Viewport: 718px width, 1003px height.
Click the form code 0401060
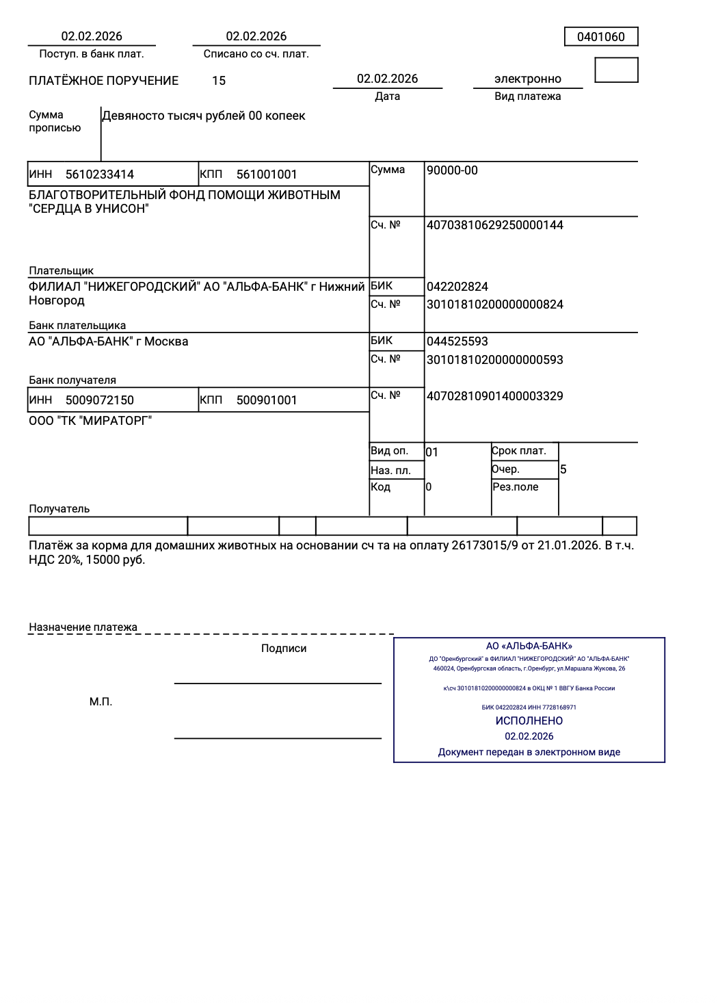click(x=600, y=37)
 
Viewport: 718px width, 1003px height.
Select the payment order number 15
click(x=219, y=81)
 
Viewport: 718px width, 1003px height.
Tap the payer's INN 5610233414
click(x=100, y=174)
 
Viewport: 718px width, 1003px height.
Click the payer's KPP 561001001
click(x=267, y=174)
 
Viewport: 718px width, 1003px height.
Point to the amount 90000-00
click(x=452, y=170)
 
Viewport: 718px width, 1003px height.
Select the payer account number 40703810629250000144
click(x=494, y=225)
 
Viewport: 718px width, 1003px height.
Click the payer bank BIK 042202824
click(x=457, y=287)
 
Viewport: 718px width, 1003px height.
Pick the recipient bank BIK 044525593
click(x=457, y=341)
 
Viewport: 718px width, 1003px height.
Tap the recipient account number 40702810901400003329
click(x=494, y=396)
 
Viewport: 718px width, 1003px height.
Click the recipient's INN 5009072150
click(x=100, y=400)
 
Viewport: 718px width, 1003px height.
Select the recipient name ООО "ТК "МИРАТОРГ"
click(x=90, y=421)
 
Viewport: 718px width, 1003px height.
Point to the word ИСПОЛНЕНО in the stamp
click(x=529, y=721)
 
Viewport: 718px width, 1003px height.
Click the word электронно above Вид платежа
click(x=527, y=79)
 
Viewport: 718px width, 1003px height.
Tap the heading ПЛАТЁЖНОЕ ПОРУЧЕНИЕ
click(x=103, y=81)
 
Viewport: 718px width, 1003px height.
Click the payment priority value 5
click(x=563, y=469)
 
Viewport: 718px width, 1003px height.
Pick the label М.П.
click(x=101, y=702)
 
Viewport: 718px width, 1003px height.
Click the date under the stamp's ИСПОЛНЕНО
click(x=529, y=736)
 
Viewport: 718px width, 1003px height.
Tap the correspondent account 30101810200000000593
click(x=494, y=360)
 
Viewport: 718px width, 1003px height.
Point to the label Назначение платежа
click(x=83, y=627)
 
